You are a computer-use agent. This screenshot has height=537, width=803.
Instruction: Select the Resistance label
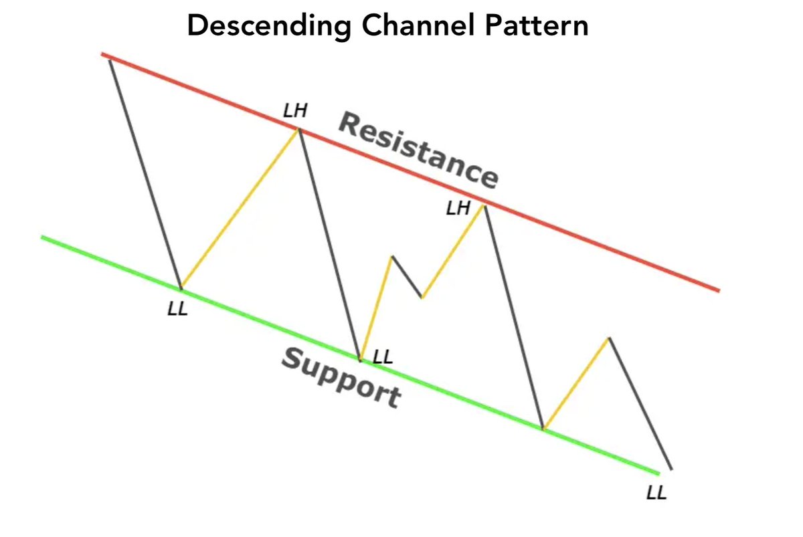pos(418,151)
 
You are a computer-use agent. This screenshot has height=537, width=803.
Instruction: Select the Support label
pos(341,378)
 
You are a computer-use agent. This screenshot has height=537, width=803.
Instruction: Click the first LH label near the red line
pos(295,110)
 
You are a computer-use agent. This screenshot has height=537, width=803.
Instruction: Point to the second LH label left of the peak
pos(458,209)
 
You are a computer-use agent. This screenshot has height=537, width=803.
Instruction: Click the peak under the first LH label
pos(298,129)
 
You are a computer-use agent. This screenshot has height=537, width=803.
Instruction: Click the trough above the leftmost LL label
pos(181,288)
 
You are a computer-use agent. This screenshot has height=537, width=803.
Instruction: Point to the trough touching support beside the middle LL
pos(360,360)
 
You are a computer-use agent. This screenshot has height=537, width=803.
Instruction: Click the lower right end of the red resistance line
pos(718,290)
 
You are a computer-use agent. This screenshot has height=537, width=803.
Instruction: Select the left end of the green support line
pos(42,237)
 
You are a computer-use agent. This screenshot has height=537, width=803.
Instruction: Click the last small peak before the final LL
pos(609,338)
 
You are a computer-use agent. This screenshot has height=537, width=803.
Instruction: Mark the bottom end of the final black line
pos(671,469)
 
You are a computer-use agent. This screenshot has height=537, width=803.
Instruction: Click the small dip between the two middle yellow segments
pos(422,297)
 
